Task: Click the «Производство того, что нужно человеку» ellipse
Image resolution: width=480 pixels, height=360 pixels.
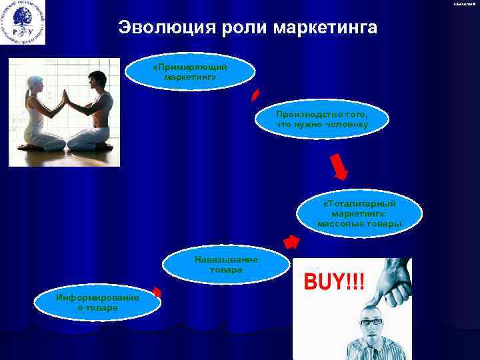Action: [321, 119]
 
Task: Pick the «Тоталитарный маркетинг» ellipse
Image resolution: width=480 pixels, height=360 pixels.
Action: [359, 213]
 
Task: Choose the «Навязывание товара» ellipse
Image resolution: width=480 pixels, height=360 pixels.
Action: [219, 265]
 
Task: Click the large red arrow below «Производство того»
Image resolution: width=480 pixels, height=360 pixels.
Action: [339, 166]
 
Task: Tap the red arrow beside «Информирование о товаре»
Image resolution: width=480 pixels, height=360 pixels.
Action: [157, 291]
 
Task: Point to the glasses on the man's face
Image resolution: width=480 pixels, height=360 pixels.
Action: [371, 321]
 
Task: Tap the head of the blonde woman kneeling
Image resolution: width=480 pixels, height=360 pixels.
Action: [35, 85]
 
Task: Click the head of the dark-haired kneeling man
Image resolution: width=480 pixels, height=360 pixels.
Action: [96, 81]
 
